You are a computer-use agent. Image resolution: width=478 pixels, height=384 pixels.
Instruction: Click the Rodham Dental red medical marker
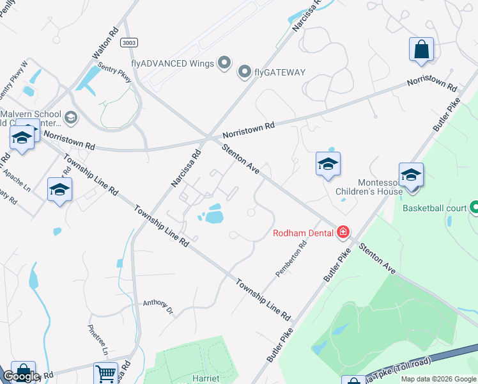pyautogui.click(x=344, y=232)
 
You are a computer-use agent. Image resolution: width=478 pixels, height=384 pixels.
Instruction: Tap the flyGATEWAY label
pyautogui.click(x=280, y=72)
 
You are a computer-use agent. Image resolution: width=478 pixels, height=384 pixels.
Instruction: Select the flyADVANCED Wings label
pyautogui.click(x=173, y=63)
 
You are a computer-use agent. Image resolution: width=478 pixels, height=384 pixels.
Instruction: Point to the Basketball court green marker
pyautogui.click(x=474, y=207)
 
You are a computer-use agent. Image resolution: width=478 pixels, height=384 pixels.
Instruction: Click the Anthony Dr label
pyautogui.click(x=158, y=306)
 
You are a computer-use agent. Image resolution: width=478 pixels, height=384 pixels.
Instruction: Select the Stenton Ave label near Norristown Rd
pyautogui.click(x=240, y=160)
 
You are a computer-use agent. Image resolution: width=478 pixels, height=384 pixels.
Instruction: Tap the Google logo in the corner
pyautogui.click(x=21, y=376)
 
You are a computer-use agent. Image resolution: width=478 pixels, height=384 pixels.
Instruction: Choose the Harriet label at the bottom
pyautogui.click(x=206, y=378)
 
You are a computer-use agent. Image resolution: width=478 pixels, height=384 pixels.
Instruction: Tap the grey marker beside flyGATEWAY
pyautogui.click(x=244, y=72)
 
